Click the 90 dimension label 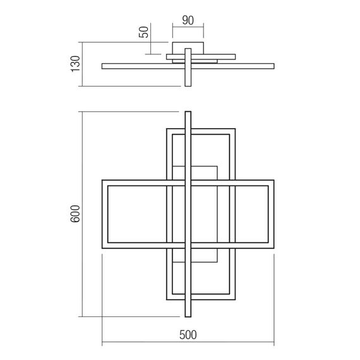pos(187,20)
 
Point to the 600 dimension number pos(74,215)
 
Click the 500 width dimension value pos(188,335)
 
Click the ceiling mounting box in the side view pos(188,49)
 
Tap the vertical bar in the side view pos(188,69)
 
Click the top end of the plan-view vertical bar pos(187,114)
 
